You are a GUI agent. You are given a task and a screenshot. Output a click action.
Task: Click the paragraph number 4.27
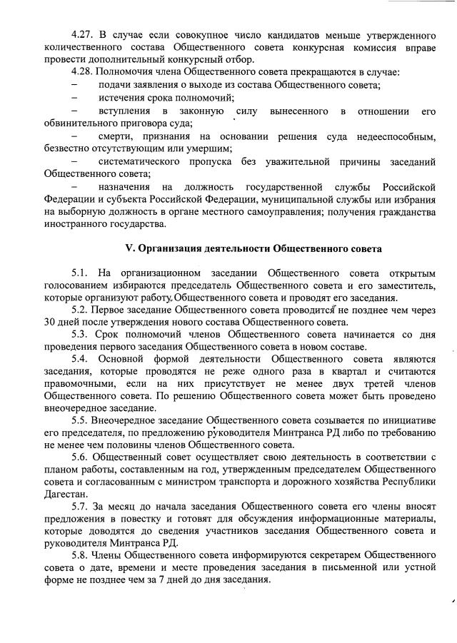pos(84,34)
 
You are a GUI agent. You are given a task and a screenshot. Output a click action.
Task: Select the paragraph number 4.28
pos(84,73)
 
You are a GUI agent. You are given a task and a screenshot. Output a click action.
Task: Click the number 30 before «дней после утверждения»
pos(49,323)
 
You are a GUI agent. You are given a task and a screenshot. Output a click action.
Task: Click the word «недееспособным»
pos(376,136)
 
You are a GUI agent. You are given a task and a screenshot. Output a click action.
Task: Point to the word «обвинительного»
pos(78,123)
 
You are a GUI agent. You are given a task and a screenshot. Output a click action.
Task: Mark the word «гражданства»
pos(386,211)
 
